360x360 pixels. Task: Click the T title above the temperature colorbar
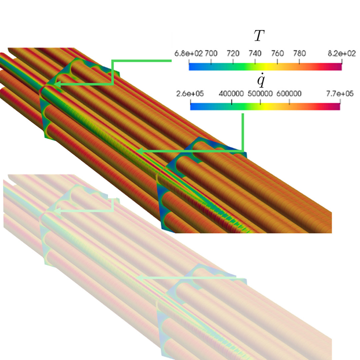coord(259,36)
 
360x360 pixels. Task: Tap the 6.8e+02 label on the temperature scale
coord(188,53)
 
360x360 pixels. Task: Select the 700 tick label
coord(211,53)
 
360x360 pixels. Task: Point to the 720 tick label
coord(233,53)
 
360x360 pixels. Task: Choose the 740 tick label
coord(255,53)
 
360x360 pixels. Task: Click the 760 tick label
coord(277,53)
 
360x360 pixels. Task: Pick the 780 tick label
coord(299,53)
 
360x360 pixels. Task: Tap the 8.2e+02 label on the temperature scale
coord(342,53)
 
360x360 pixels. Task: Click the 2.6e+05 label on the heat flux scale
coord(190,94)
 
